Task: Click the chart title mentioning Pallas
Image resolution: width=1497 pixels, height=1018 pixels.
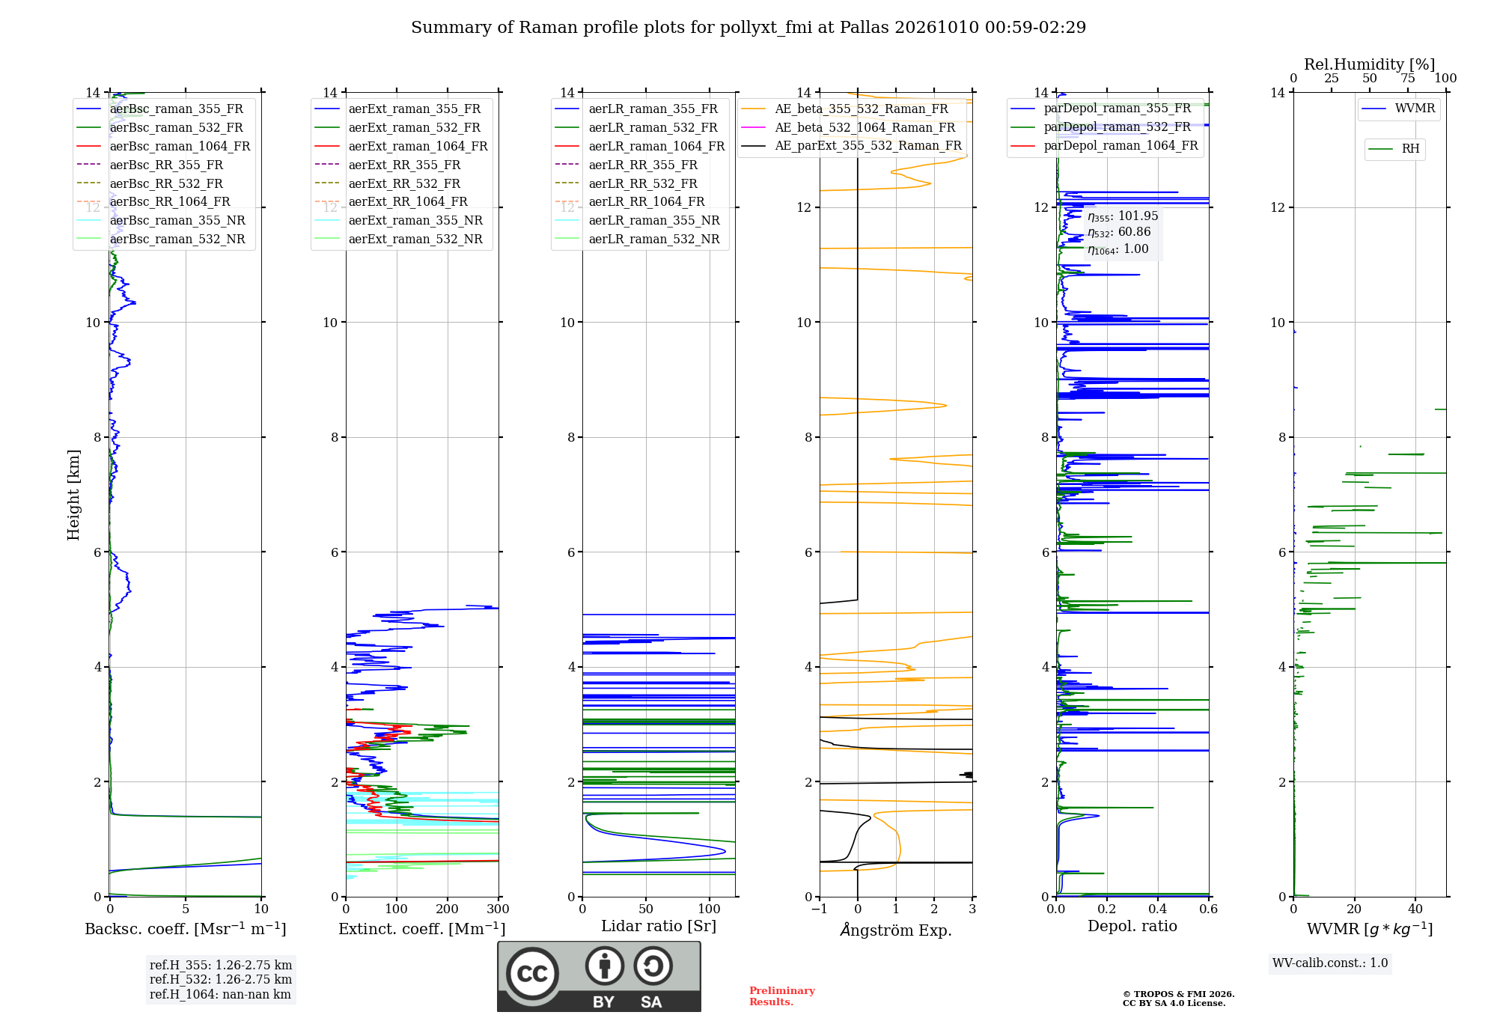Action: pyautogui.click(x=748, y=28)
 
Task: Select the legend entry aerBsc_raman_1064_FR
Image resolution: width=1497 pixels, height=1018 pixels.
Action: pyautogui.click(x=180, y=146)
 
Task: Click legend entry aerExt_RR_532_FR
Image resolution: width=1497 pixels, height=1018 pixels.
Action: pyautogui.click(x=404, y=183)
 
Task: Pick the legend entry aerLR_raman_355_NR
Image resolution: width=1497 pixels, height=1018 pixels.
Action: pyautogui.click(x=654, y=220)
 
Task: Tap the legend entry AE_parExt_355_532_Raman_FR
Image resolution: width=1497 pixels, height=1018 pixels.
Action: pyautogui.click(x=868, y=145)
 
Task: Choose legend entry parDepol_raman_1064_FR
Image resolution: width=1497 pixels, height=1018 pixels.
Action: pyautogui.click(x=1121, y=145)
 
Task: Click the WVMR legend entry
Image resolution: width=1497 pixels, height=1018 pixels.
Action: pyautogui.click(x=1415, y=109)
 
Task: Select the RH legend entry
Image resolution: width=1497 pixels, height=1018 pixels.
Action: pyautogui.click(x=1410, y=149)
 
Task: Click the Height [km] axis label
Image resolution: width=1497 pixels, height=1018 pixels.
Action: pyautogui.click(x=73, y=495)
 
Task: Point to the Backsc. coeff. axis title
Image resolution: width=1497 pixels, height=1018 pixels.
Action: pyautogui.click(x=186, y=929)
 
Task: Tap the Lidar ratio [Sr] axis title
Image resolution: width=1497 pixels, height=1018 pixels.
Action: pyautogui.click(x=659, y=926)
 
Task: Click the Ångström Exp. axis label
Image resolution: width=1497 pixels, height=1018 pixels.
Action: pyautogui.click(x=896, y=930)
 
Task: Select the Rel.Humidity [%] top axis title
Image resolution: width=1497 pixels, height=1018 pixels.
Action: pyautogui.click(x=1370, y=64)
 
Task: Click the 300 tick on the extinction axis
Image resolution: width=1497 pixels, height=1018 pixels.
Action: pyautogui.click(x=498, y=909)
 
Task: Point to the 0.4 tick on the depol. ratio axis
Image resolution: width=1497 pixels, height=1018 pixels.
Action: pyautogui.click(x=1158, y=909)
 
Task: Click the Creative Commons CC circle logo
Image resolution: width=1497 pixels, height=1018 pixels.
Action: pyautogui.click(x=532, y=974)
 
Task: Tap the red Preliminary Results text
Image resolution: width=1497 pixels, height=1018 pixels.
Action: pyautogui.click(x=782, y=996)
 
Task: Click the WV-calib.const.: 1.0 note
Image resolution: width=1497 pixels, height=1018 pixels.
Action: pyautogui.click(x=1330, y=963)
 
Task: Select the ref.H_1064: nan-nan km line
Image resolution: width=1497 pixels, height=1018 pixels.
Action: pyautogui.click(x=220, y=994)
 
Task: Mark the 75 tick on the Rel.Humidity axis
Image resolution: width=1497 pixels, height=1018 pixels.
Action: pyautogui.click(x=1408, y=79)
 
